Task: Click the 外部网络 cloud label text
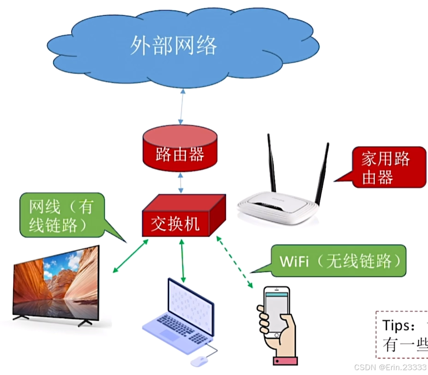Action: (173, 45)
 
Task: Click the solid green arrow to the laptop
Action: (182, 261)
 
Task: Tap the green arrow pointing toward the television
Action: (130, 256)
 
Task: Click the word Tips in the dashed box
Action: (397, 326)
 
